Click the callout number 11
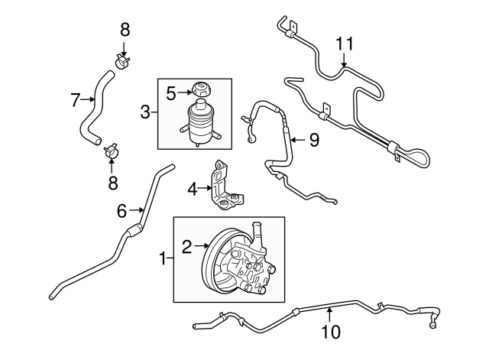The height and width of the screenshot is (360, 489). point(345,44)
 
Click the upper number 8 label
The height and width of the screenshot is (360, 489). point(125,30)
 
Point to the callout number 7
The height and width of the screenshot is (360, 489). point(76,99)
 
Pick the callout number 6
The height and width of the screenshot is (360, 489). point(121,210)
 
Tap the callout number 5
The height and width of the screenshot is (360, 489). point(171,93)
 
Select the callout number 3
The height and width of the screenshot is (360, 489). point(144,114)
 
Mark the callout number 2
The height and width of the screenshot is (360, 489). point(186,245)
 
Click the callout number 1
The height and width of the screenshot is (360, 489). point(161,260)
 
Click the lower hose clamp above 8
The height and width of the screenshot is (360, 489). point(112,151)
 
